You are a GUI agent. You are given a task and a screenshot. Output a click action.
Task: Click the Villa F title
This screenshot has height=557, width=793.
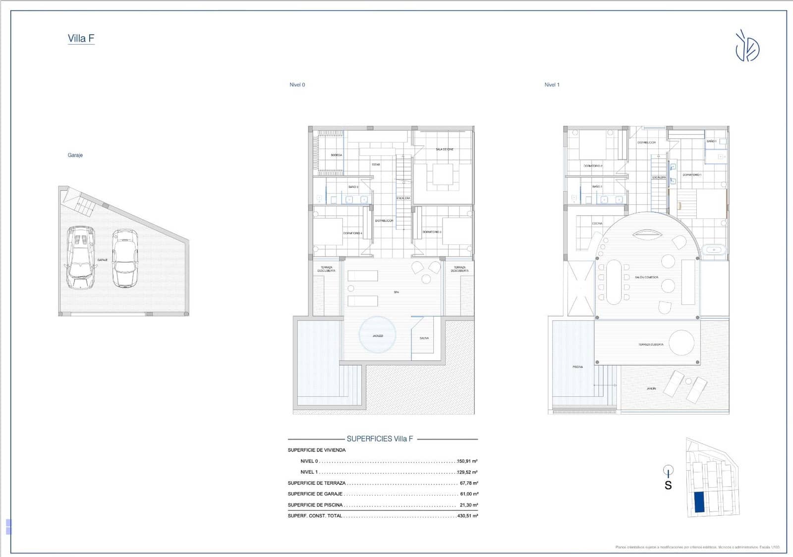(81, 39)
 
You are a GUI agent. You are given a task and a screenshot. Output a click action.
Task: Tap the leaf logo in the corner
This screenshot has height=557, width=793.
(747, 47)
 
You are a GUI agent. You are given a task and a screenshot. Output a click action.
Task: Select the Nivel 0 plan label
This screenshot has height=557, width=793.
(297, 85)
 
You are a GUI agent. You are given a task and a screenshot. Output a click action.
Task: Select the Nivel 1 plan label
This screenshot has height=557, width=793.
(552, 85)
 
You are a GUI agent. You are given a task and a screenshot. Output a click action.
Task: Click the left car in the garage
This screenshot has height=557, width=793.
(81, 258)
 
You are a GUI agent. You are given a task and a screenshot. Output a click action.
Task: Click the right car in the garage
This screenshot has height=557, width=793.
(124, 258)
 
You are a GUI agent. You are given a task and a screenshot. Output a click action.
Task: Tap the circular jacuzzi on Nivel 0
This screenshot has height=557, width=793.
(377, 334)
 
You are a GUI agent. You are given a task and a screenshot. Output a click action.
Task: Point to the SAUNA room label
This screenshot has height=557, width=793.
(424, 338)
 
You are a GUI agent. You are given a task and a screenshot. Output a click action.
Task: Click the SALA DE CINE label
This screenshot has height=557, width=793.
(445, 149)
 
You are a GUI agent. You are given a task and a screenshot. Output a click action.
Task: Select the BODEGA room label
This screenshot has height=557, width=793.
(336, 155)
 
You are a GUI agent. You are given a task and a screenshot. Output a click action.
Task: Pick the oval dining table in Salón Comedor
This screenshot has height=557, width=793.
(614, 281)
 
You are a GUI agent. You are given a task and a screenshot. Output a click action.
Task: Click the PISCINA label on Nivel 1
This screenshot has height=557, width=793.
(577, 367)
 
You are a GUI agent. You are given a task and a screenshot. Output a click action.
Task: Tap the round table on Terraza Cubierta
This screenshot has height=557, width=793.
(681, 342)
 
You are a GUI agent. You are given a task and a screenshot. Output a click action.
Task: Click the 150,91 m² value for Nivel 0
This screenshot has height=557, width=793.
(467, 461)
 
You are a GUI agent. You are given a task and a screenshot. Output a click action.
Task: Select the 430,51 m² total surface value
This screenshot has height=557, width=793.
(467, 516)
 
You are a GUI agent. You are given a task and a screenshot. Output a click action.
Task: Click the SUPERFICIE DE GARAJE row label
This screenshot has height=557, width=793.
(315, 494)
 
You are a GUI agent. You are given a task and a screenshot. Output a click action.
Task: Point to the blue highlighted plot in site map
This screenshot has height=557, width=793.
(699, 502)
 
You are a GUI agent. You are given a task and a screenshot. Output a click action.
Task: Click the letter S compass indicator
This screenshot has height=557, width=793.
(668, 486)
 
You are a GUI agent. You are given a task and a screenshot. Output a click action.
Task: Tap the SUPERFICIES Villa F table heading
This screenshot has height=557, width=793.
(380, 439)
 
